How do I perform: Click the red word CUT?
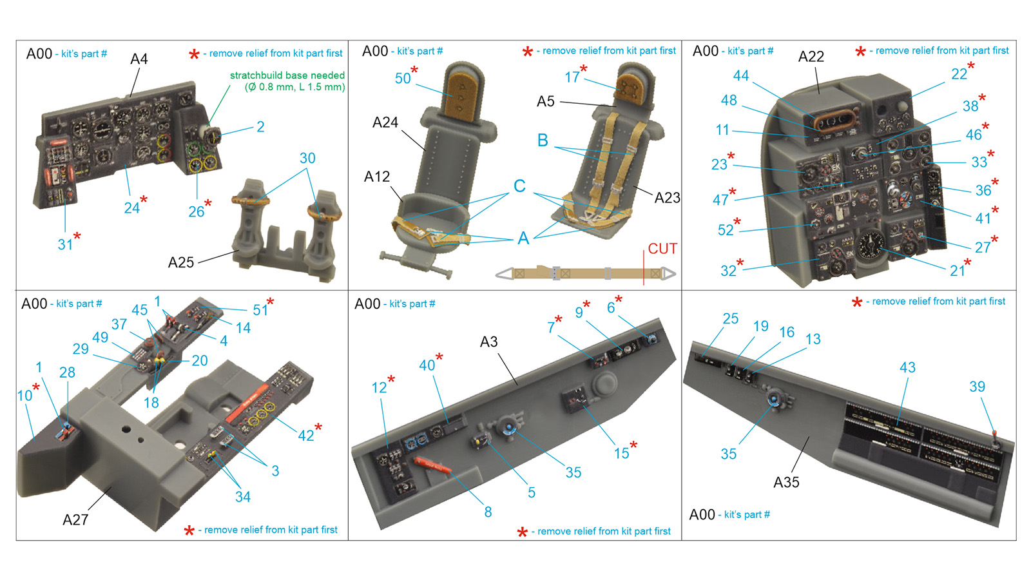click(x=662, y=249)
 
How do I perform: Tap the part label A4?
click(x=139, y=59)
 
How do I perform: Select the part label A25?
click(x=181, y=262)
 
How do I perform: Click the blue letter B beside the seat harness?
click(x=543, y=140)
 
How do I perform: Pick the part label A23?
click(x=667, y=197)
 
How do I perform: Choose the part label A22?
click(x=811, y=57)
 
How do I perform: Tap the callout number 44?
click(x=741, y=75)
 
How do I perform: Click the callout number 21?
click(x=958, y=271)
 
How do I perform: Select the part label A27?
click(x=75, y=519)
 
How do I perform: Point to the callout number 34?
click(x=242, y=497)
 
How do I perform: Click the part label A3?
click(x=489, y=342)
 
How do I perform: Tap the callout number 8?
click(x=488, y=512)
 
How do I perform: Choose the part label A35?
click(x=786, y=482)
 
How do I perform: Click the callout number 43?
click(x=908, y=367)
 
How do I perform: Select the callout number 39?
click(x=977, y=387)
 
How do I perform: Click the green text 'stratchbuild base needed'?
click(x=287, y=75)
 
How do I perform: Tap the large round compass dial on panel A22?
click(x=871, y=244)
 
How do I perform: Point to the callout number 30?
click(x=307, y=159)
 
